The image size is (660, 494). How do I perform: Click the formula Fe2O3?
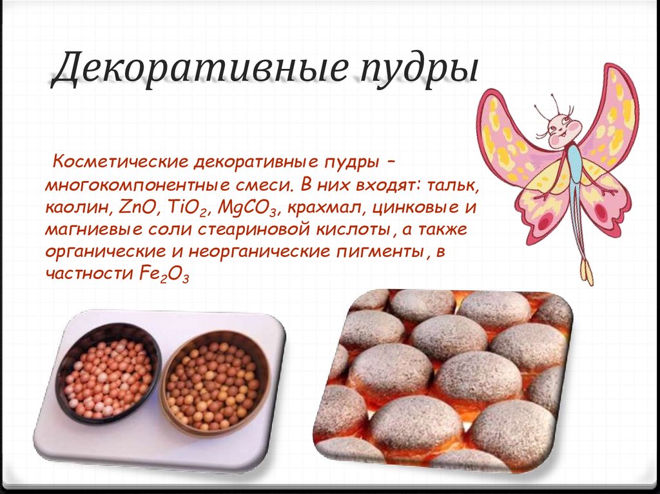pyautogui.click(x=162, y=274)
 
